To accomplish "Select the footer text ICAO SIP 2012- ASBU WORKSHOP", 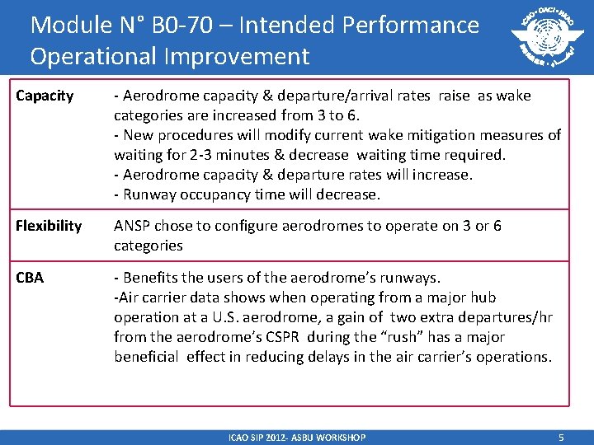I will coord(296,437).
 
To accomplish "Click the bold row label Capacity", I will coord(45,96).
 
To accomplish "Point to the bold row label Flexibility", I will coord(49,226).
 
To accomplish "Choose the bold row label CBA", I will coord(30,278).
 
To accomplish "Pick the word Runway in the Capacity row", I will coord(148,194).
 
